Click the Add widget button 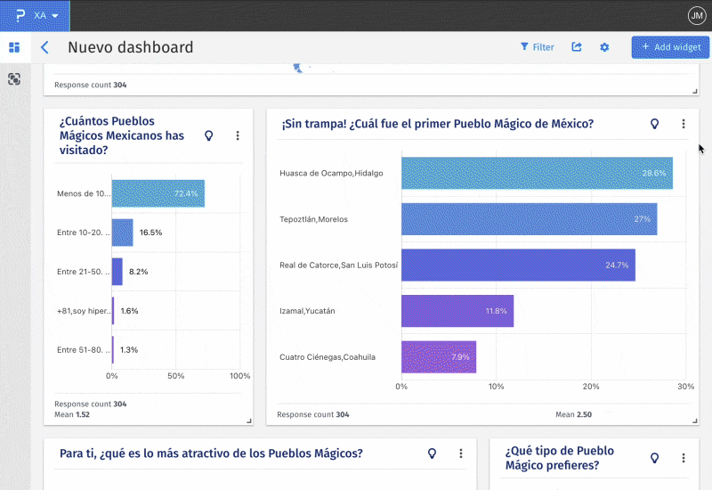(670, 47)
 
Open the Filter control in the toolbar (537, 47)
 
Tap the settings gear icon (604, 47)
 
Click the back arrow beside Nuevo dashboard (44, 48)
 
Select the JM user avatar (696, 15)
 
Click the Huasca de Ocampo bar (537, 173)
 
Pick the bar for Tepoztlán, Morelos (529, 219)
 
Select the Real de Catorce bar (518, 265)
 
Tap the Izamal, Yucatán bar (457, 311)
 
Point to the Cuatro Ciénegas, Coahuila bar (439, 357)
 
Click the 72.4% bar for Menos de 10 (158, 193)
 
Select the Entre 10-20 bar (122, 233)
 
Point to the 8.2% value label (138, 271)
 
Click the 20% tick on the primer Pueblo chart (591, 387)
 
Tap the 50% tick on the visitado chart (176, 376)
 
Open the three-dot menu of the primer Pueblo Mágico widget (684, 125)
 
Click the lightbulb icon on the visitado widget (209, 135)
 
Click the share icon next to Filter (577, 47)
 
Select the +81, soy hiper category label (83, 311)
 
